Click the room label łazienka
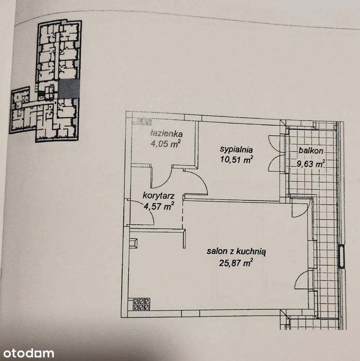coord(167,134)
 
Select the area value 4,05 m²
coord(165,144)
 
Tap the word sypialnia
coord(236,150)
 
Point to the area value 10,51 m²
coord(237,159)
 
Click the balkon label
coord(311,151)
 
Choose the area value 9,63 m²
coord(310,164)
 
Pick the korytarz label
coord(159,196)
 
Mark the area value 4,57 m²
coord(158,206)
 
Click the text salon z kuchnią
coord(236,252)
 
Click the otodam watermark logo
coord(29,353)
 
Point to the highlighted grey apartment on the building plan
coord(69,89)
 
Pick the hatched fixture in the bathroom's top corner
coord(142,121)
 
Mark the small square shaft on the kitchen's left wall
coord(134,243)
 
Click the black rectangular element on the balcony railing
coord(342,257)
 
